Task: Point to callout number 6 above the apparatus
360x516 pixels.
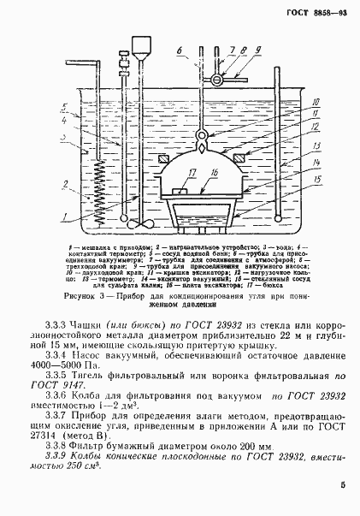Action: click(179, 52)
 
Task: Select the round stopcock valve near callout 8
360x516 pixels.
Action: click(218, 80)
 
